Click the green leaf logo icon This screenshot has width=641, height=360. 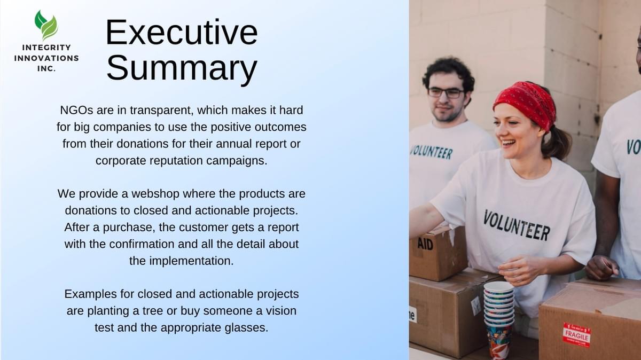pos(46,25)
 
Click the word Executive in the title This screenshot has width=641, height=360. pos(182,32)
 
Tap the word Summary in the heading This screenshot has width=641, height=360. pos(182,68)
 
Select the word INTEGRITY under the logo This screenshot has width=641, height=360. pos(46,48)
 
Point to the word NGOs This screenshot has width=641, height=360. pos(76,110)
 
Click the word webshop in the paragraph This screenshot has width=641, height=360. pos(155,194)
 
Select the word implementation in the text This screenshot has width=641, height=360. pos(191,261)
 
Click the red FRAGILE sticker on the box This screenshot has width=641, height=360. pos(576,335)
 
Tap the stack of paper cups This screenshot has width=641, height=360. pos(498,319)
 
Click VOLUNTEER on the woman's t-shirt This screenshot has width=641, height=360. pos(516,225)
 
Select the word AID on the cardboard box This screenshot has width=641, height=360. pos(425,244)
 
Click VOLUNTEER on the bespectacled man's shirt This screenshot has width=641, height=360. pos(432,152)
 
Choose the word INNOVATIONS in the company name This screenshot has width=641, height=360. pos(46,58)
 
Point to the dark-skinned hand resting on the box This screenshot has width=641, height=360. pos(601,268)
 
